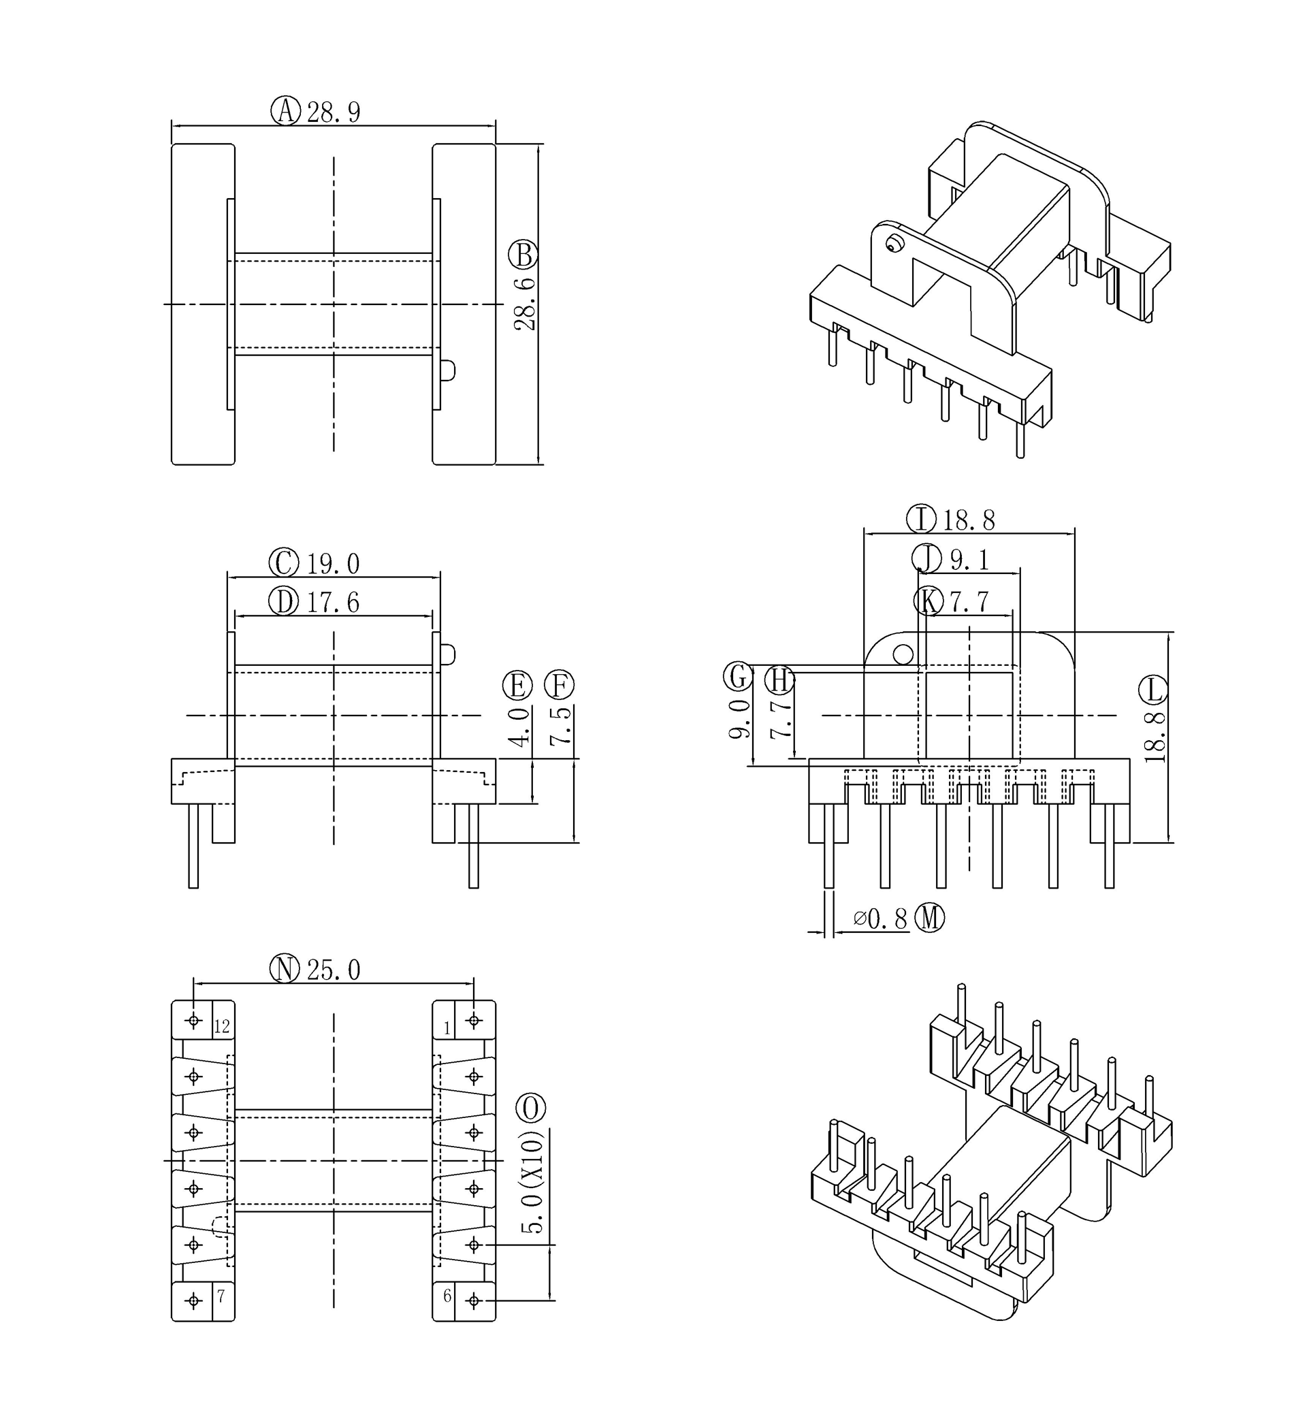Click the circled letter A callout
click(x=286, y=111)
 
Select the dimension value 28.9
click(x=334, y=112)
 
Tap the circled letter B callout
click(x=523, y=255)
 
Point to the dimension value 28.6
click(x=525, y=304)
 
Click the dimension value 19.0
click(x=333, y=564)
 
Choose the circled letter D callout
click(x=284, y=603)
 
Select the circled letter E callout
click(x=518, y=686)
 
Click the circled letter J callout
click(x=926, y=558)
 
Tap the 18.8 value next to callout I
click(x=969, y=521)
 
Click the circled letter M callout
click(x=929, y=918)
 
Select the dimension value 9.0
click(x=739, y=718)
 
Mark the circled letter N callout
click(x=285, y=969)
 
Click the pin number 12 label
click(x=222, y=1027)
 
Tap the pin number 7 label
click(x=221, y=1296)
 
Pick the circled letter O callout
click(x=531, y=1108)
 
